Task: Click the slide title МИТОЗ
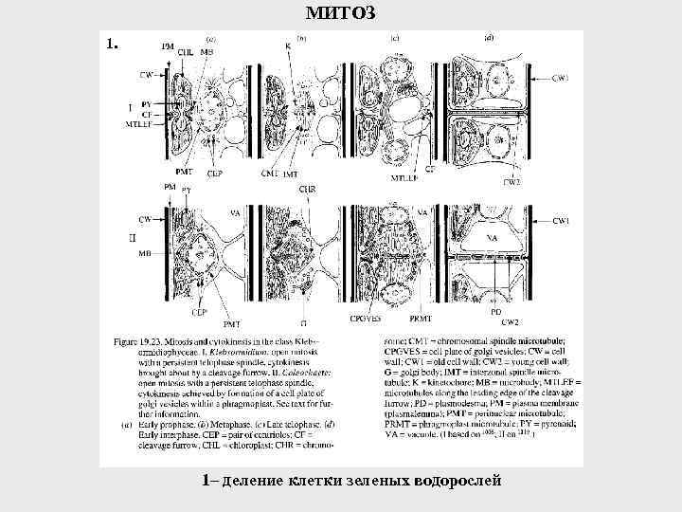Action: [x=342, y=12]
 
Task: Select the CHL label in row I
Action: [x=186, y=52]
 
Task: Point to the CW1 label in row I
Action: [x=561, y=77]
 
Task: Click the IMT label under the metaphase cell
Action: [x=290, y=174]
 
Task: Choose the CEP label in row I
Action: [x=215, y=174]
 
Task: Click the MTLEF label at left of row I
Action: [x=139, y=124]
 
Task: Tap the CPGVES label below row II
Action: [x=366, y=320]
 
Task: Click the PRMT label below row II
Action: [x=420, y=320]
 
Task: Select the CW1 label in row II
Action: [x=562, y=220]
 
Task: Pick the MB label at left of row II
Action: [x=145, y=254]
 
